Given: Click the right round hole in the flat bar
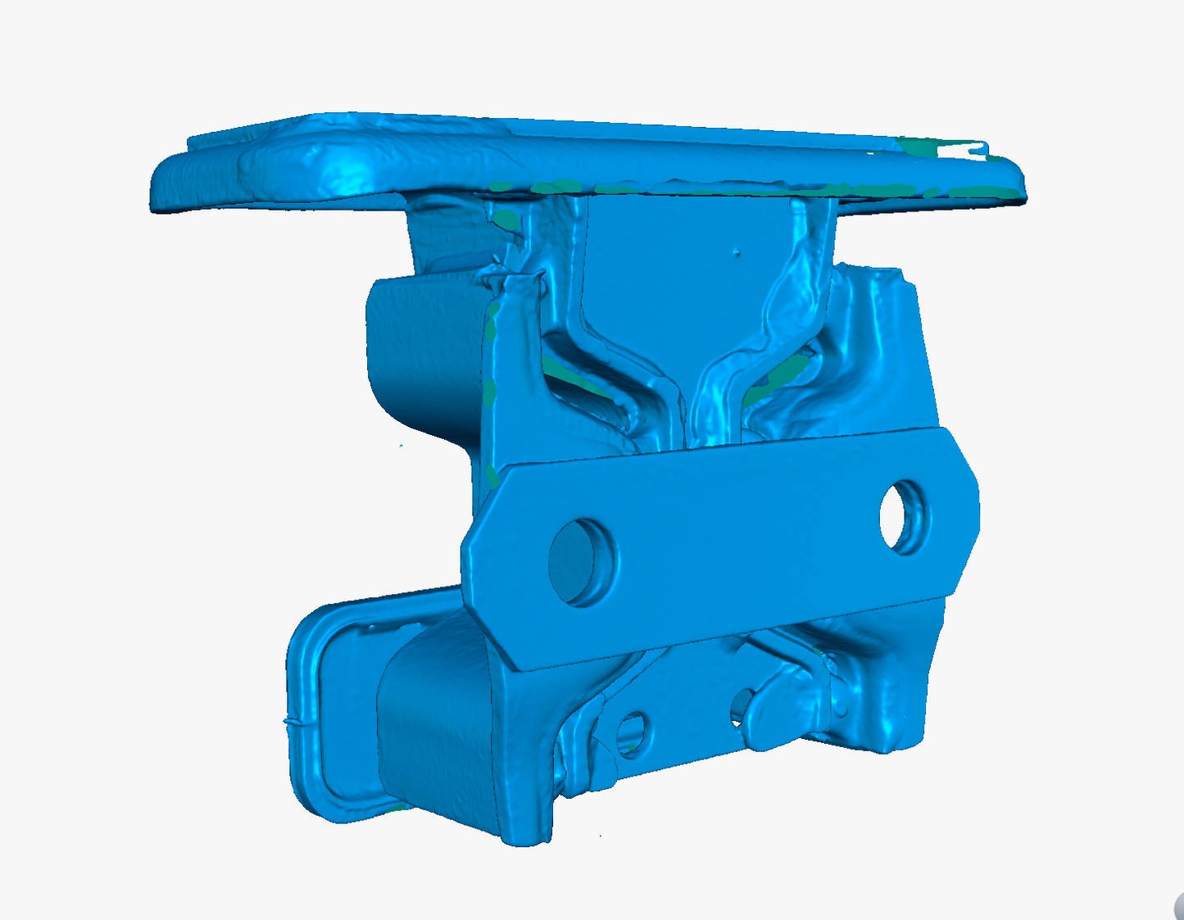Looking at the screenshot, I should coord(905,517).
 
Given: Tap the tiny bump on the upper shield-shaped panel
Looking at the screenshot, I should coord(737,252).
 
